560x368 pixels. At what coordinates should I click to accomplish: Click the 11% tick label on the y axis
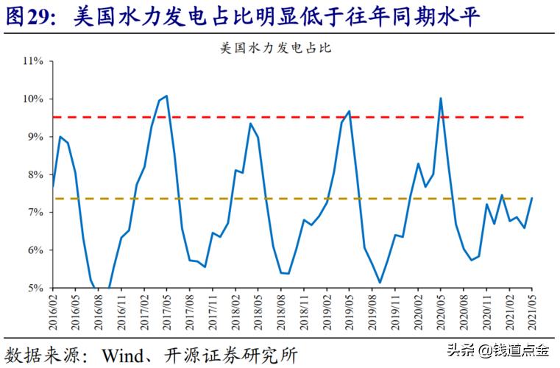pyautogui.click(x=34, y=61)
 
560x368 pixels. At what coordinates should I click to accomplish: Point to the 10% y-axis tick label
pyautogui.click(x=34, y=99)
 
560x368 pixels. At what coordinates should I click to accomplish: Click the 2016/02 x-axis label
pyautogui.click(x=53, y=312)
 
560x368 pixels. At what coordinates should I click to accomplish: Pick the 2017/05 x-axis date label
pyautogui.click(x=167, y=312)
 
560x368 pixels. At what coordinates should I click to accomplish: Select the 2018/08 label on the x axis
pyautogui.click(x=282, y=312)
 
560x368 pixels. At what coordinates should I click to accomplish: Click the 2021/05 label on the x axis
pyautogui.click(x=532, y=312)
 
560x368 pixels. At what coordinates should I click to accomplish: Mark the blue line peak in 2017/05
pyautogui.click(x=166, y=96)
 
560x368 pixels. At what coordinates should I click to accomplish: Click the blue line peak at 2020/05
pyautogui.click(x=440, y=99)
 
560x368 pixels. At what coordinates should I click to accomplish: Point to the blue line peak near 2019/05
pyautogui.click(x=349, y=112)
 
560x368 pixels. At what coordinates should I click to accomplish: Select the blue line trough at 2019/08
pyautogui.click(x=380, y=283)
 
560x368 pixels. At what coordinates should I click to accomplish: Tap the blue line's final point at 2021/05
pyautogui.click(x=532, y=198)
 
